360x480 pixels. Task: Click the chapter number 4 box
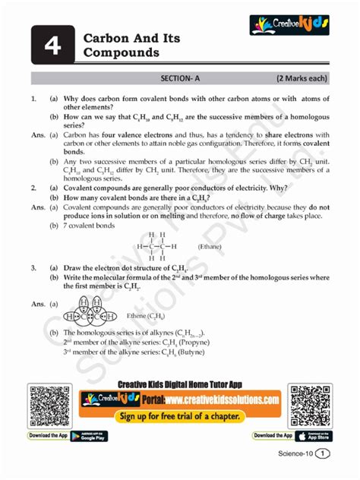click(x=52, y=46)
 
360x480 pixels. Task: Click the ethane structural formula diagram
click(x=156, y=246)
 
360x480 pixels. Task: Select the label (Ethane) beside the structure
click(x=210, y=247)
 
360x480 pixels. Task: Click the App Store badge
click(x=314, y=436)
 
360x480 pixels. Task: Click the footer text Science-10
click(x=297, y=454)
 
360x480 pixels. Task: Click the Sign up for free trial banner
click(x=180, y=417)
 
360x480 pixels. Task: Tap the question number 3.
click(x=34, y=268)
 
